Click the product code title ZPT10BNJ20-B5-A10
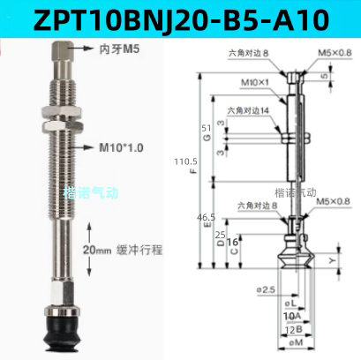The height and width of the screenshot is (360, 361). click(180, 17)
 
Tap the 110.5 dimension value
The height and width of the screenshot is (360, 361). click(188, 164)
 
